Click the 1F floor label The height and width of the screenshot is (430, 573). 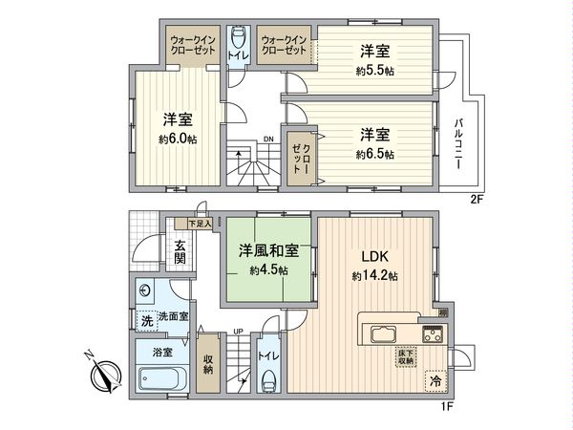tap(445, 405)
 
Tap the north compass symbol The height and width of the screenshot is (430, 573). tap(104, 374)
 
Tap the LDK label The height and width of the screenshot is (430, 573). tap(372, 256)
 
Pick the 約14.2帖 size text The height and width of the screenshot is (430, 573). tap(372, 276)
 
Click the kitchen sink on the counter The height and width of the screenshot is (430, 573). tap(384, 334)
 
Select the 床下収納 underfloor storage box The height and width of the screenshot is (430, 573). tap(406, 357)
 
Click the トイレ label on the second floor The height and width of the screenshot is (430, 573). tap(237, 56)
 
